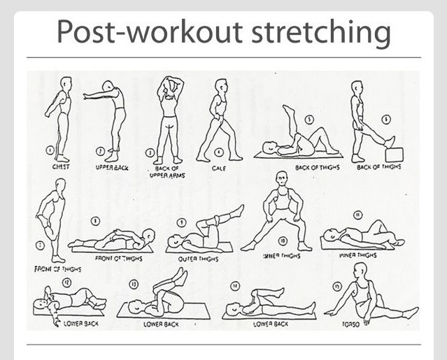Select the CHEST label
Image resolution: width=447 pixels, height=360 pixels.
click(x=61, y=167)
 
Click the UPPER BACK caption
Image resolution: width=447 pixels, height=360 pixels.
click(x=112, y=168)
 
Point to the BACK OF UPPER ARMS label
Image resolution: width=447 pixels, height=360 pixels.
click(x=166, y=171)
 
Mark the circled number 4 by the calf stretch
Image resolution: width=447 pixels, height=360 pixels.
click(x=219, y=151)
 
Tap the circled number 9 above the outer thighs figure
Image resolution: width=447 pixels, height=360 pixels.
click(x=181, y=222)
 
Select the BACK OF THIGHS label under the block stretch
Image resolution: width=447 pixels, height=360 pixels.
click(x=378, y=168)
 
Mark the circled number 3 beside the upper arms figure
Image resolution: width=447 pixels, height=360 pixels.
click(x=150, y=152)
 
